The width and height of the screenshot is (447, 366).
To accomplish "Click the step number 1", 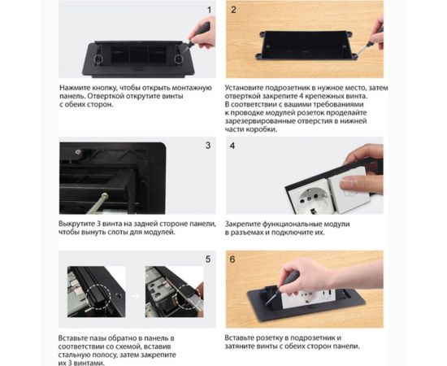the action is pos(209,10).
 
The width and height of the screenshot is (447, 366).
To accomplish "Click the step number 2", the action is pos(233,10).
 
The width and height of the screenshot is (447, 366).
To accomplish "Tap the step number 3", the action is pos(208,146).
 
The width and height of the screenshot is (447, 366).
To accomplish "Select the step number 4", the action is pos(232,146).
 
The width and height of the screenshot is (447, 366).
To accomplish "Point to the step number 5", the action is pos(208,259).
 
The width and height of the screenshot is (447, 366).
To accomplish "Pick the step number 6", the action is pos(232,259).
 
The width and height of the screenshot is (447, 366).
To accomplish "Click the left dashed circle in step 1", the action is pos(98,59).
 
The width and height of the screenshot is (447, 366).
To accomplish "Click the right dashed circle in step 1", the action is pos(179,59).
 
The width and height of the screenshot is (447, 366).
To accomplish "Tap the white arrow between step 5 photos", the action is pos(136,296).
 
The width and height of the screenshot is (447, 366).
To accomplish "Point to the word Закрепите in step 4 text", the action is pos(243,224).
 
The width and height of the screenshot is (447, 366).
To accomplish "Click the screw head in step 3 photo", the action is pos(105,196).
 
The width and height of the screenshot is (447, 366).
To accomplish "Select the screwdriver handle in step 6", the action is pos(292,277).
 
